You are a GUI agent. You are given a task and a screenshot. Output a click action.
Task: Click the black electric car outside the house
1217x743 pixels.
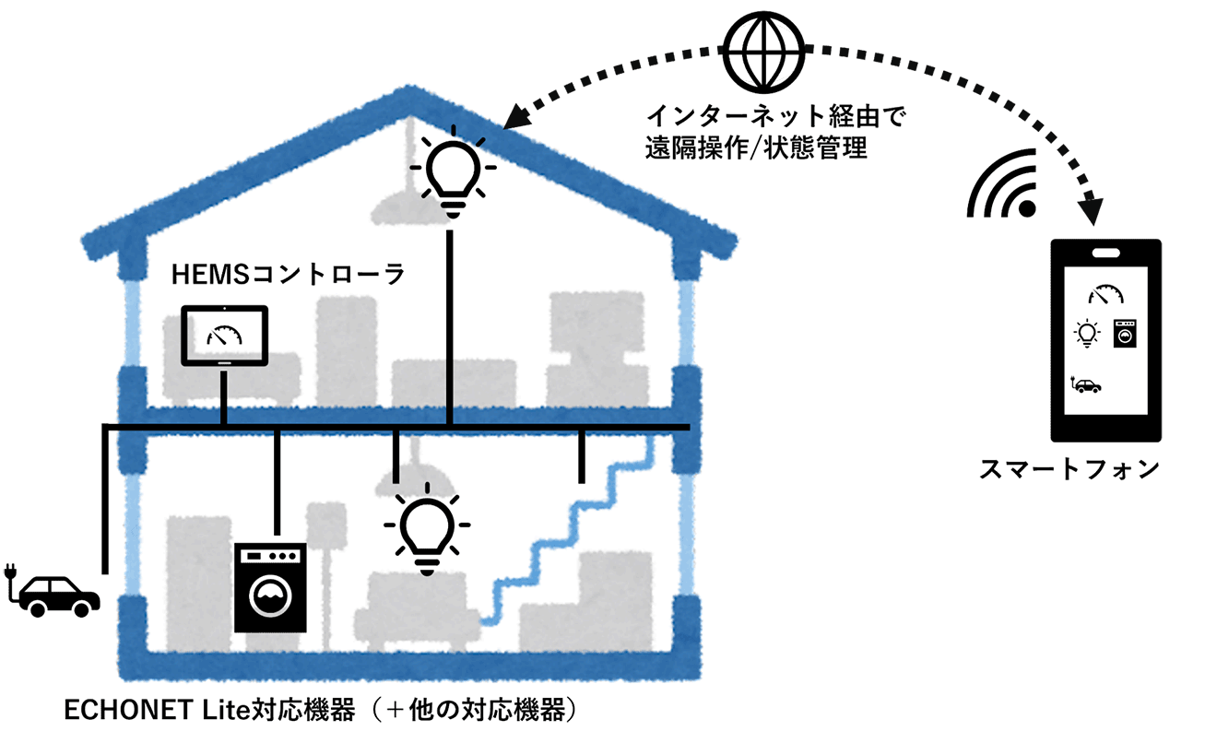60,595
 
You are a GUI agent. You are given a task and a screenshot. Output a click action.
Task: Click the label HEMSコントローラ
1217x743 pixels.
289,275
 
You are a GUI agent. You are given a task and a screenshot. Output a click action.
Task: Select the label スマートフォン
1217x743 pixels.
1069,469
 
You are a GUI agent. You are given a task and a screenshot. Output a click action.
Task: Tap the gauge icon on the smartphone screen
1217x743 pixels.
1106,295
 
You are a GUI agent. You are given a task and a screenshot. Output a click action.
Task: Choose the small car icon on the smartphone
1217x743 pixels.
1085,384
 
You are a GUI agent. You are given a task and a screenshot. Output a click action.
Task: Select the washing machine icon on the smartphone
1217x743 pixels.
1124,333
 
